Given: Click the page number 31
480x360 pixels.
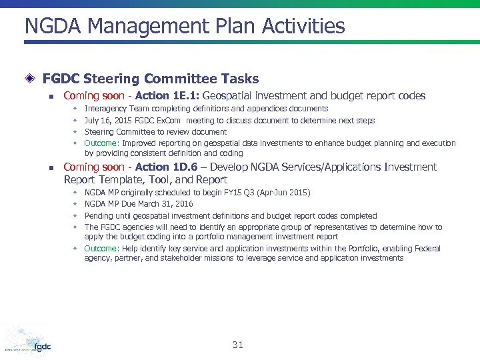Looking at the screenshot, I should [238, 345].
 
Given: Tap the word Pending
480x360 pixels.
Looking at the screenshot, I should [99, 216].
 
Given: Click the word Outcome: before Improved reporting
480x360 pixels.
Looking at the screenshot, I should [101, 143].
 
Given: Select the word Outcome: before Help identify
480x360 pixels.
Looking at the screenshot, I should [101, 249].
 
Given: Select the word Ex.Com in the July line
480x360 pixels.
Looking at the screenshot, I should [171, 121].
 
